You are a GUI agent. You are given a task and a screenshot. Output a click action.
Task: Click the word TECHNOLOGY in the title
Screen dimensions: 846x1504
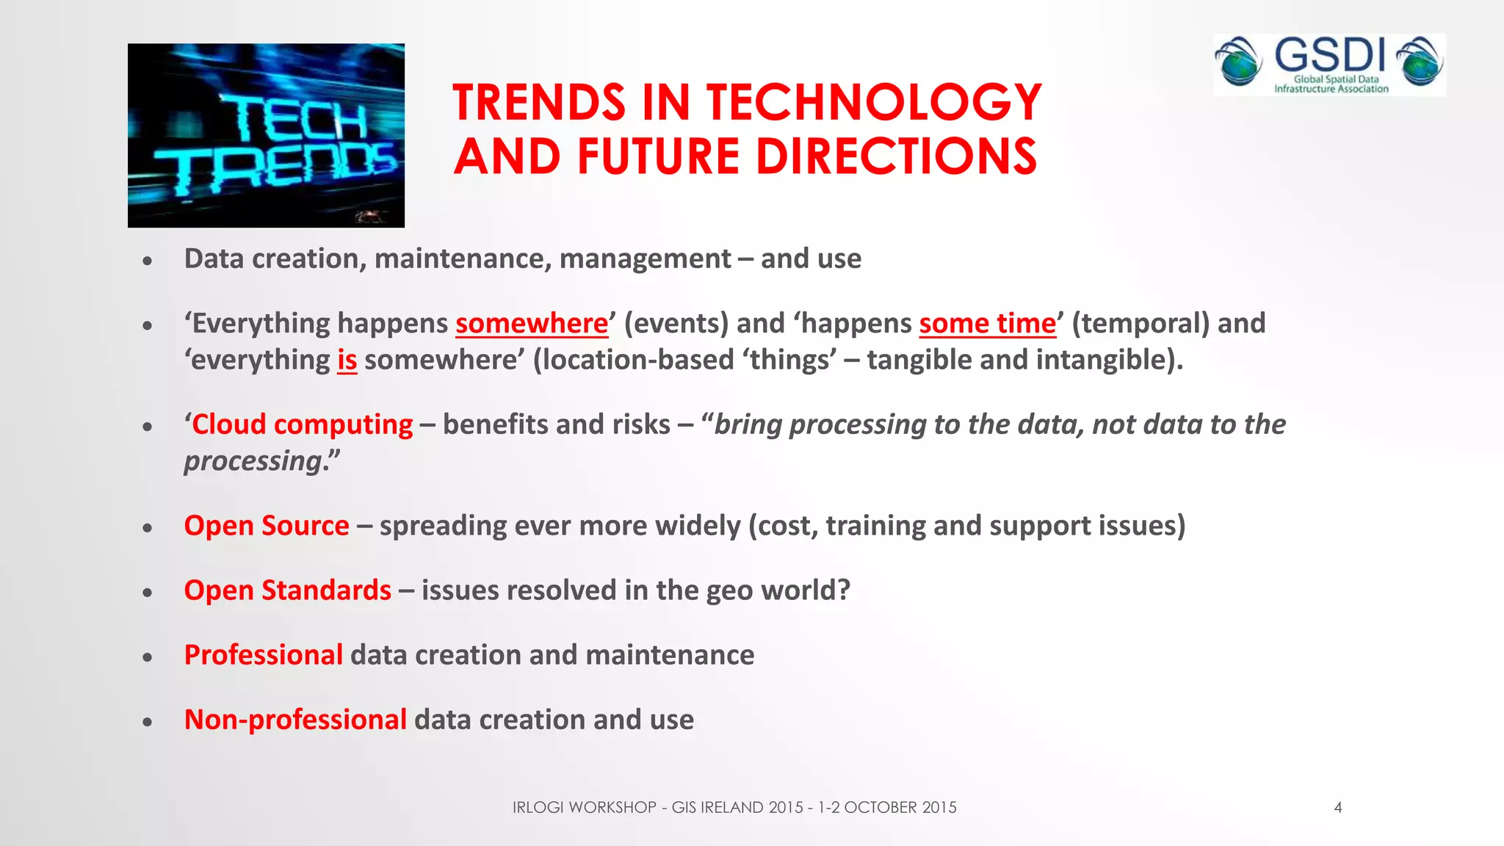point(874,102)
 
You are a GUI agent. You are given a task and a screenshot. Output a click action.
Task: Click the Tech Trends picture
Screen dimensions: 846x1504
point(266,135)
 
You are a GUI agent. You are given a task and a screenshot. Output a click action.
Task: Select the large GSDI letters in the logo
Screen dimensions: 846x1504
point(1329,55)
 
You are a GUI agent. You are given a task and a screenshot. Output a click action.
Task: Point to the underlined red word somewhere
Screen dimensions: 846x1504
point(532,324)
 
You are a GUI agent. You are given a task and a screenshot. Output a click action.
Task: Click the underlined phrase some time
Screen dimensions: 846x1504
point(987,324)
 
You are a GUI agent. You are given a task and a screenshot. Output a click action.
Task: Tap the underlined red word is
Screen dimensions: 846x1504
point(347,361)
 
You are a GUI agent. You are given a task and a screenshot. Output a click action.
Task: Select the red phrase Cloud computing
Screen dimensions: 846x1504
point(302,424)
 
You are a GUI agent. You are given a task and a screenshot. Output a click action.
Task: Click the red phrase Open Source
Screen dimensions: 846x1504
point(267,526)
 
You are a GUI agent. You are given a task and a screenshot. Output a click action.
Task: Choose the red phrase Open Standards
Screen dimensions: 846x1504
point(287,590)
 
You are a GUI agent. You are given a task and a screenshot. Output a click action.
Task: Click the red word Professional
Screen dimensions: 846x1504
point(263,655)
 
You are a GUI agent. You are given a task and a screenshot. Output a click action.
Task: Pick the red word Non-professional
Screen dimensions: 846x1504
point(295,720)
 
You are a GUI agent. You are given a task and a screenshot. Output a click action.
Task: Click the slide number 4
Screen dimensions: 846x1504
point(1338,808)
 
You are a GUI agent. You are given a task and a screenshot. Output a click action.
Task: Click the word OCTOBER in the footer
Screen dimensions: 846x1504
point(881,808)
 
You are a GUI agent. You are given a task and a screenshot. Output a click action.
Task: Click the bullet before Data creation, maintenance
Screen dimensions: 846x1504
point(148,260)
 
